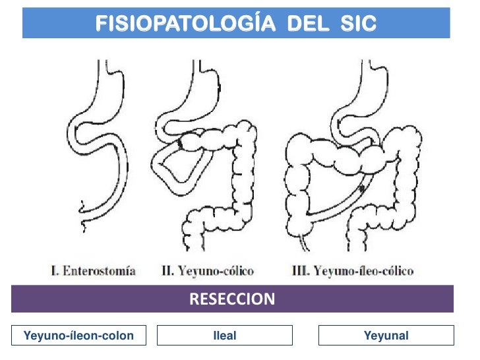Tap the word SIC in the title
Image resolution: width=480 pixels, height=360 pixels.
(x=359, y=24)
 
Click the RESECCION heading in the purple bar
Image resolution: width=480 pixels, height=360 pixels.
(x=232, y=299)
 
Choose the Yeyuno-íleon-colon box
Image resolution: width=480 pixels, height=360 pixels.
(x=78, y=336)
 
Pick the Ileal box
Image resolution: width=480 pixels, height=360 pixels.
(x=225, y=336)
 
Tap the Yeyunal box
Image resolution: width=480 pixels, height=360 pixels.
(x=386, y=336)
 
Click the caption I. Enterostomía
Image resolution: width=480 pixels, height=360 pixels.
(x=93, y=270)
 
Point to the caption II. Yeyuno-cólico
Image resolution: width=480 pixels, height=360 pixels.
(x=208, y=270)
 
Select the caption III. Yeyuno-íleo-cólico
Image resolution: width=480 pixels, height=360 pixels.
(x=352, y=270)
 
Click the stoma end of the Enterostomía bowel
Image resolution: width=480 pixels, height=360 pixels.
(x=84, y=208)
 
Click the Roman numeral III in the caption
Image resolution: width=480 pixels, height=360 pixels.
(x=298, y=270)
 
